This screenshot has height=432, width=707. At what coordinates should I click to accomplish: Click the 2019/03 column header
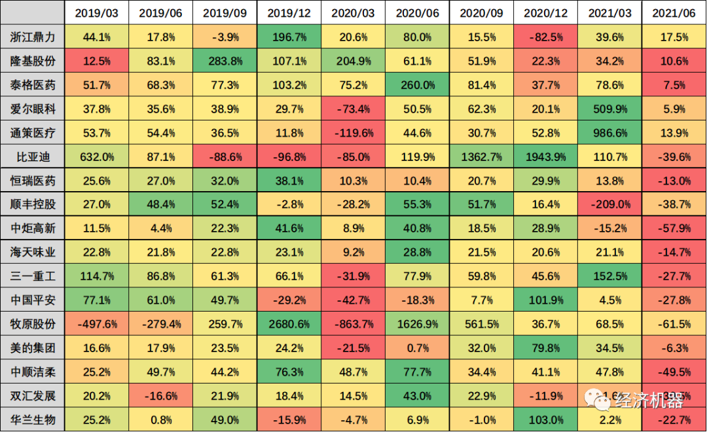pos(96,13)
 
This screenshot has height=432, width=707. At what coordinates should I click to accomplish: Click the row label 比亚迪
pos(33,156)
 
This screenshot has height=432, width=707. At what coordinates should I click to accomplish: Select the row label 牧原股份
pos(33,324)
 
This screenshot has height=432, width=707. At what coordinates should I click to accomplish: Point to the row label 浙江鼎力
pos(33,37)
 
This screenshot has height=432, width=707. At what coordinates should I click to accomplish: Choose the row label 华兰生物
pos(33,420)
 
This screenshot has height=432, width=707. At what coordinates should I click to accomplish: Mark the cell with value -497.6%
pos(96,324)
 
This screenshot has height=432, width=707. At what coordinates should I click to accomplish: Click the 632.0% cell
pos(96,156)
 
